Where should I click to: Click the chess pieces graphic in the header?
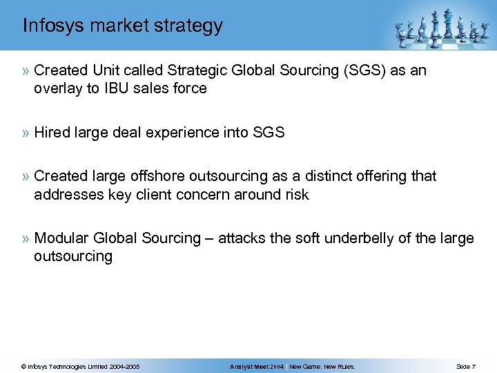[442, 28]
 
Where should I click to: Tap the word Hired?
[50, 132]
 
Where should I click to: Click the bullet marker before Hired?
[26, 133]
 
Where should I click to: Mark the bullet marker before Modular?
[26, 239]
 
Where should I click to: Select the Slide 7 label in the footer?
[465, 366]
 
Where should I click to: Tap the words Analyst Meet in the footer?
[248, 366]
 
